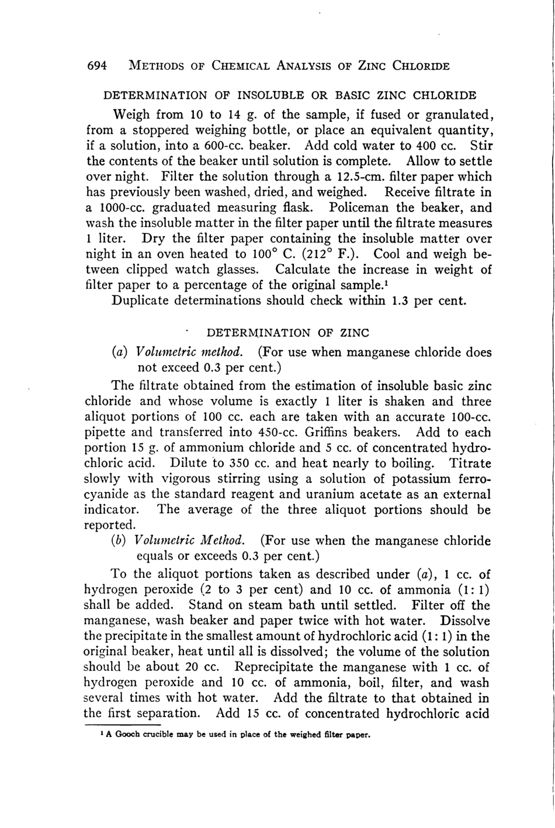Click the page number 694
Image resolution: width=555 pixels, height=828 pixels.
(96, 65)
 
